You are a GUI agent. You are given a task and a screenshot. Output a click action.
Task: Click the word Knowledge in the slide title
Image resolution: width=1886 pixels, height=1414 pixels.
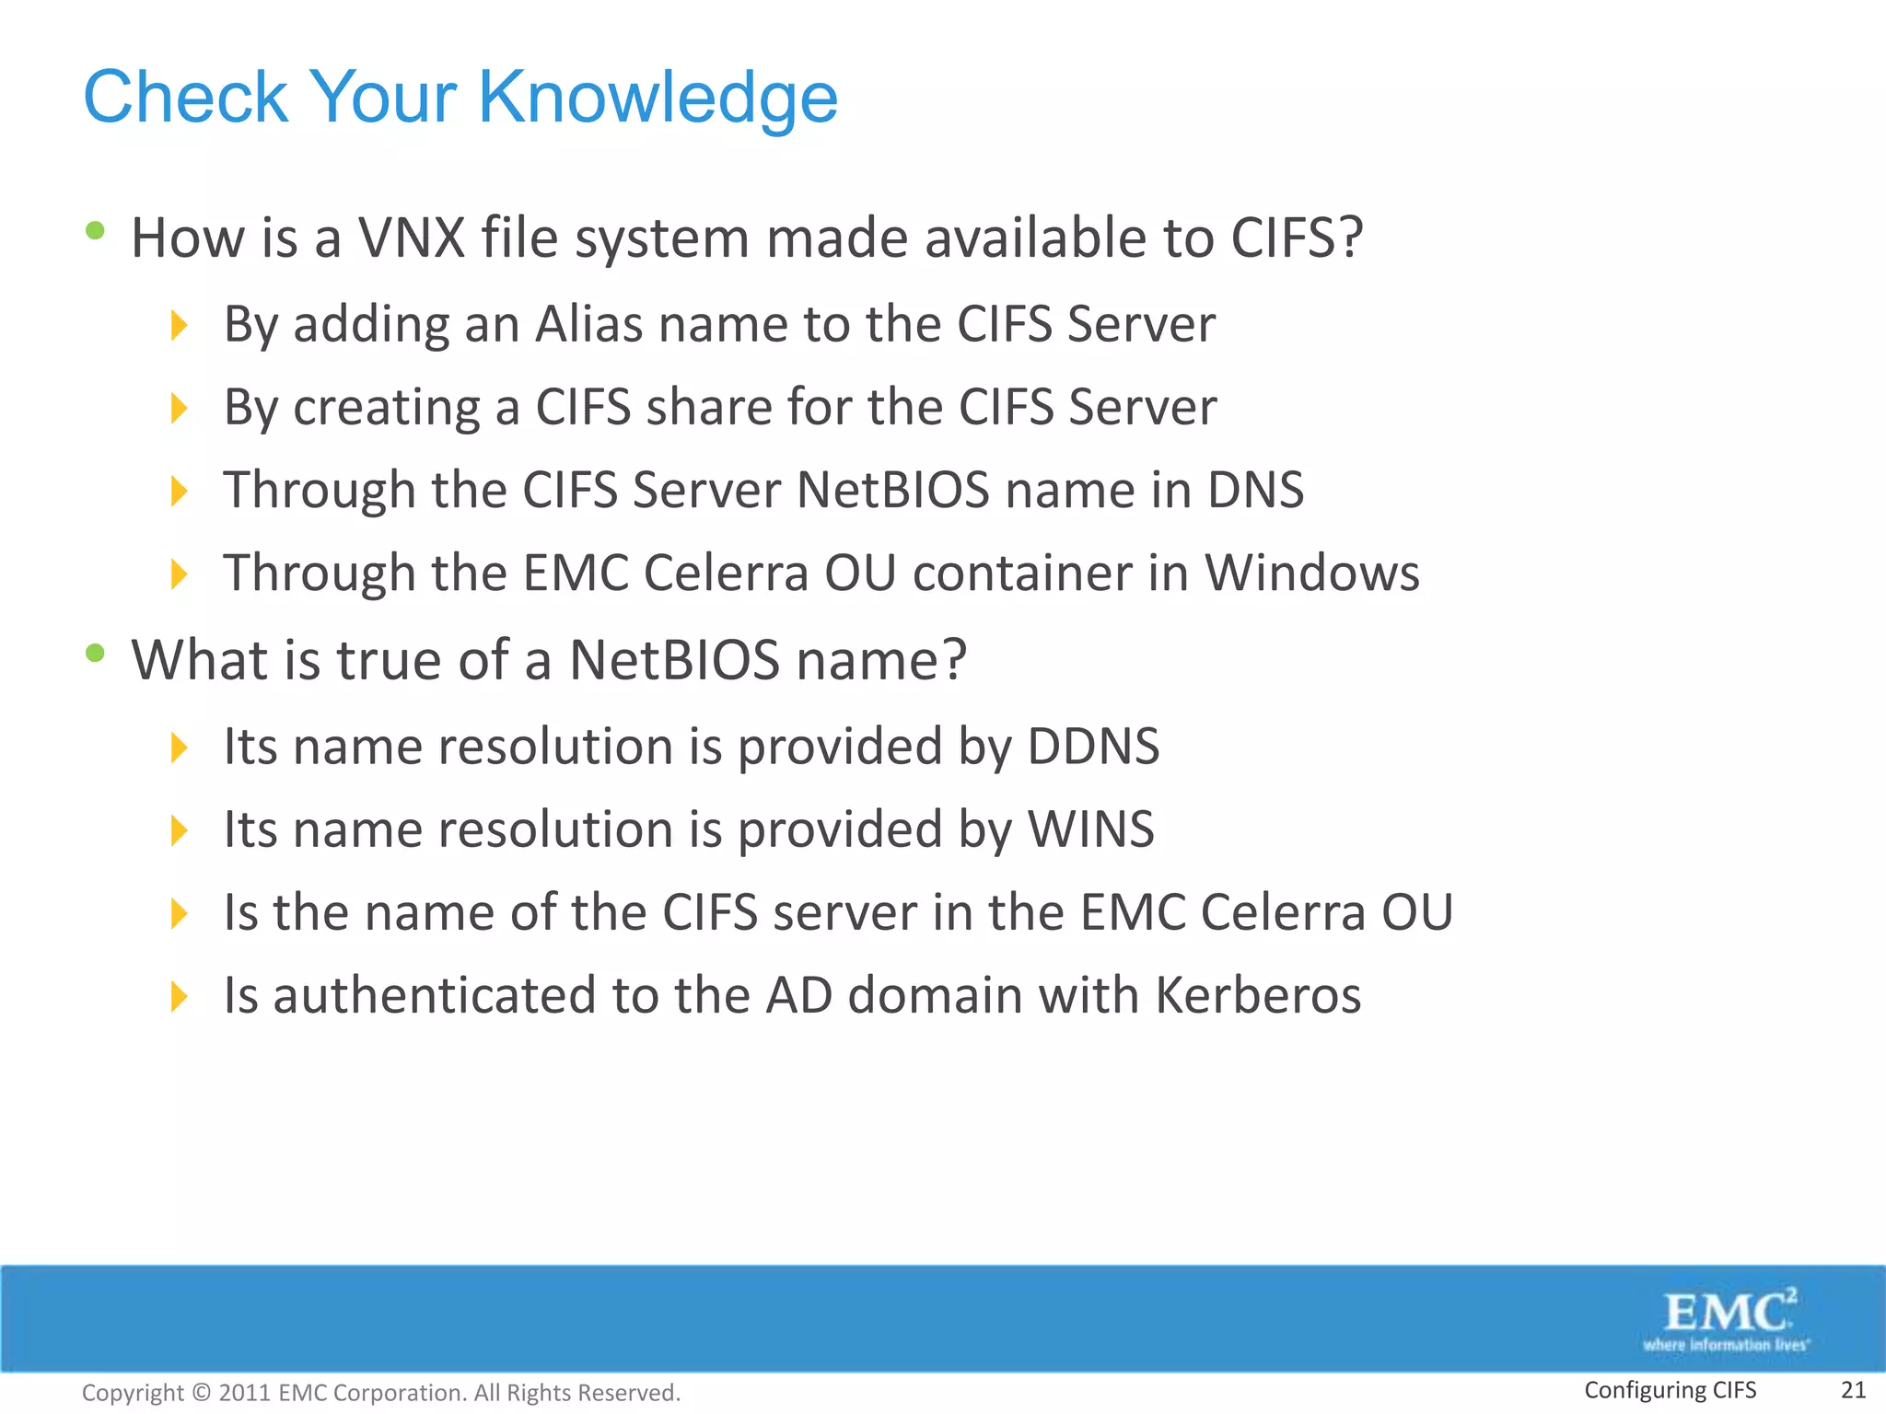click(x=658, y=98)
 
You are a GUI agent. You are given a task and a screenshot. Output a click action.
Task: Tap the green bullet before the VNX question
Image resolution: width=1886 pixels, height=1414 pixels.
click(x=95, y=230)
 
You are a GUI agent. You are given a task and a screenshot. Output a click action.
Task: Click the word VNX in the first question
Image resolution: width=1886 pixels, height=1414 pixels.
click(x=412, y=238)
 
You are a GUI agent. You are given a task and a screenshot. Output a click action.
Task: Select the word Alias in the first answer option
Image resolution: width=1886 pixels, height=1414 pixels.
click(x=588, y=324)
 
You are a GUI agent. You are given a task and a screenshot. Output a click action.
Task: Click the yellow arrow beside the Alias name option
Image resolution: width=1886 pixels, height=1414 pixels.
click(x=179, y=325)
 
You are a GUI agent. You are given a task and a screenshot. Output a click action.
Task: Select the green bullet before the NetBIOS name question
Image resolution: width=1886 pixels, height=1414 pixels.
click(x=95, y=654)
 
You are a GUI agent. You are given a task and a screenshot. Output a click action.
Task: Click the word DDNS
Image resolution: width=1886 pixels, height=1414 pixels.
click(x=1093, y=747)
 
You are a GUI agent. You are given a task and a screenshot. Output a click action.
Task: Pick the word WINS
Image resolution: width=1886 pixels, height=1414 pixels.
click(x=1090, y=829)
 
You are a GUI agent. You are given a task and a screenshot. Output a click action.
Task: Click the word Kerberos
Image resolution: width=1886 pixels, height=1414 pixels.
click(x=1258, y=996)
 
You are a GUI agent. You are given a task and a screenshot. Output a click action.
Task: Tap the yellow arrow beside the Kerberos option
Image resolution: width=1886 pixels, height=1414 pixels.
click(x=179, y=996)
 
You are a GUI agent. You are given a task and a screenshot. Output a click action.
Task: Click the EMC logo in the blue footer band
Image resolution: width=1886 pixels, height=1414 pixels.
click(x=1727, y=1319)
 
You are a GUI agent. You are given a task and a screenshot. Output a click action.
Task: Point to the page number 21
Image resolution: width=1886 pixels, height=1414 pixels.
click(x=1853, y=1390)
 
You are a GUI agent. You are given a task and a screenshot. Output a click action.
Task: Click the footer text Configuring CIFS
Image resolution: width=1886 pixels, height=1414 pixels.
click(x=1670, y=1390)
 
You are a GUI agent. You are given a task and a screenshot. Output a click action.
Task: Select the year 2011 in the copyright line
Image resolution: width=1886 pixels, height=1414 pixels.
click(x=244, y=1393)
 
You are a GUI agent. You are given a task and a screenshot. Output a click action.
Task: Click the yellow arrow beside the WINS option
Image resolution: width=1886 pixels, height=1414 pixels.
click(x=179, y=830)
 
